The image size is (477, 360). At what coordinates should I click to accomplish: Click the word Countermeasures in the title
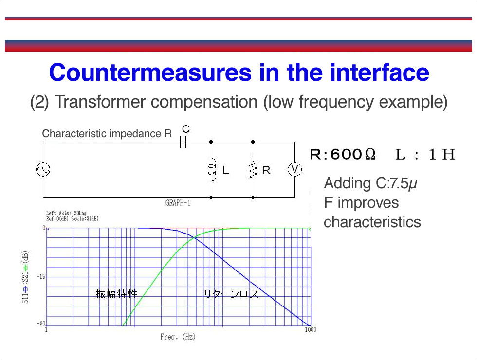coord(150,72)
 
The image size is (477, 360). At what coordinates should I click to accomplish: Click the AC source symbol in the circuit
coord(43,170)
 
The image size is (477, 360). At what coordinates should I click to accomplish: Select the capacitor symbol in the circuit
coord(183,142)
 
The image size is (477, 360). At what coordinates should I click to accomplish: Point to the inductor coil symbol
coord(211,170)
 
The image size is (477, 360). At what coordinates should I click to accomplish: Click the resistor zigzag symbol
coord(253,170)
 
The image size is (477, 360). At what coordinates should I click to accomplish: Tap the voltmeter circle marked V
coord(294,170)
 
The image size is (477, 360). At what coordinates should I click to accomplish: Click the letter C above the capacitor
coord(186,129)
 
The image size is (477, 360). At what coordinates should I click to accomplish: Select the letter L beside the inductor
coord(225,170)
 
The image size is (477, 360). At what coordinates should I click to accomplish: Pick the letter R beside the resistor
coord(266,170)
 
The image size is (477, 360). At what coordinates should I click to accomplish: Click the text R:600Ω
coord(343,154)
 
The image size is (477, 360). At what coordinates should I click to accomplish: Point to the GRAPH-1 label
coord(178,203)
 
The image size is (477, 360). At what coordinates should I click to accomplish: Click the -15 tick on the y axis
coord(41,277)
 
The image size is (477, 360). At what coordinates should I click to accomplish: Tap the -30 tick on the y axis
coord(41,324)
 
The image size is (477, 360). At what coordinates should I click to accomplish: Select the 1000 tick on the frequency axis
coord(311,330)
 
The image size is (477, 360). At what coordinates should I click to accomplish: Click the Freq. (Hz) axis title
coord(178,337)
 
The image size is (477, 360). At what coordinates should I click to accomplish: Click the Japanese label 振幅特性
coord(116,294)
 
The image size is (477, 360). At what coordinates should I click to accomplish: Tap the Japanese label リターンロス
coord(231,294)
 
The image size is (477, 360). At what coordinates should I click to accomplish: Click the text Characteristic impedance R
coord(107,133)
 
